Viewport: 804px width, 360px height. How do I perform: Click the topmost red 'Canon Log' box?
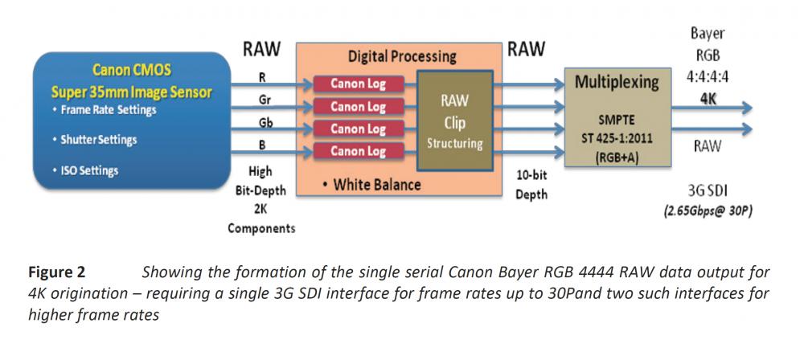coord(358,84)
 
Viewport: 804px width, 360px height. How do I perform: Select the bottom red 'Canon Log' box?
coord(358,150)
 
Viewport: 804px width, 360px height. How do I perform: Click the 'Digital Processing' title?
coord(402,57)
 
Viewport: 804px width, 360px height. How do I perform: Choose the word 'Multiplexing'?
coord(617,82)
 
